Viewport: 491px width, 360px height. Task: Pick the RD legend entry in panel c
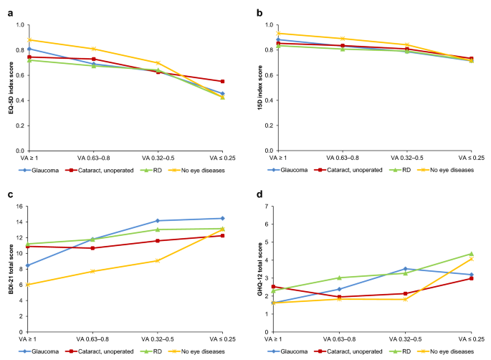click(151, 352)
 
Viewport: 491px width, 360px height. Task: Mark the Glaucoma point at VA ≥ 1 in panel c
click(27, 265)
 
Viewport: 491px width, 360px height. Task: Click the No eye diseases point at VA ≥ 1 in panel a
click(27, 40)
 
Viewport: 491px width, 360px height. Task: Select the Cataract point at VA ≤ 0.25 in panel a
click(222, 82)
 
